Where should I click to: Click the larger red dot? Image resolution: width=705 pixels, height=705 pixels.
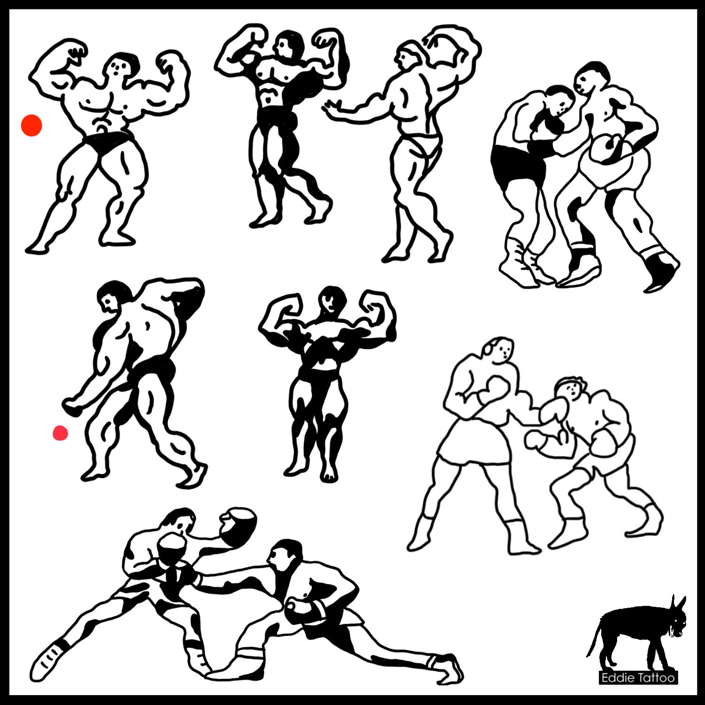[31, 125]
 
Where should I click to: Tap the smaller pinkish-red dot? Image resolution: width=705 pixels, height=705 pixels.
[60, 433]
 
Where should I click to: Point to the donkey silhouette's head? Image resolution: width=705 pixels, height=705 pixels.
[675, 620]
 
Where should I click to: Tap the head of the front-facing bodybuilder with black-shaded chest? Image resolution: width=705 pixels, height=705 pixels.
[331, 301]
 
